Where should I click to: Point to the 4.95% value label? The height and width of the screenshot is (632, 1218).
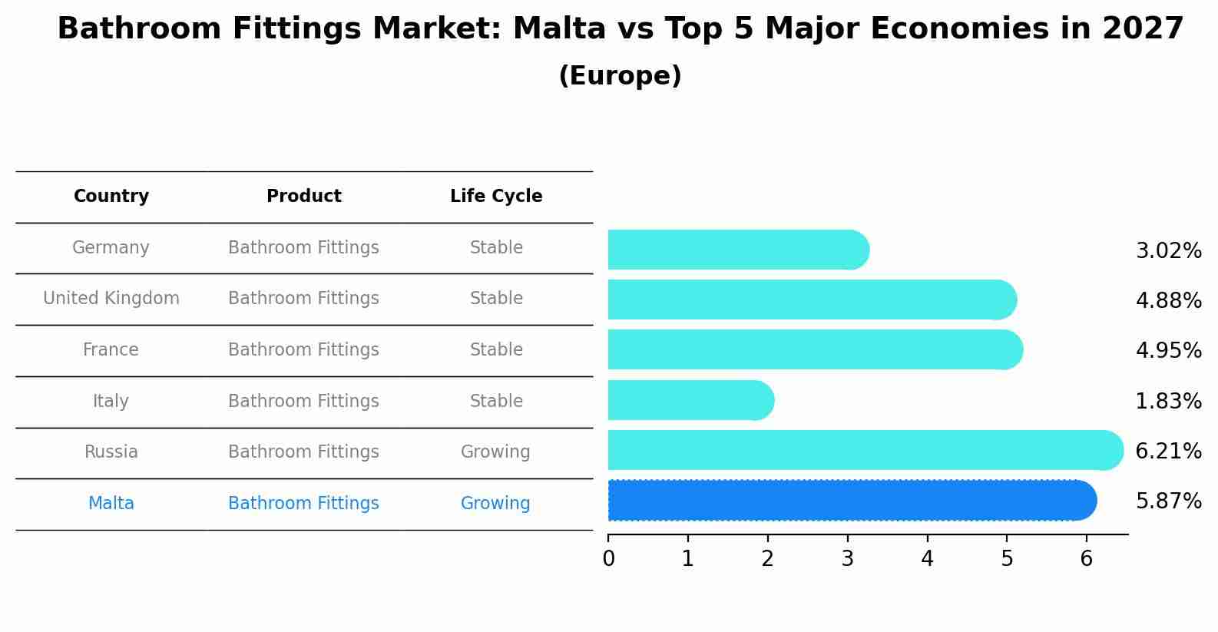pos(1168,351)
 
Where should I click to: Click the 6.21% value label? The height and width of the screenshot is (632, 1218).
pos(1168,452)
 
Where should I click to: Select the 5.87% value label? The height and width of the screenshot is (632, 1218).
pos(1168,501)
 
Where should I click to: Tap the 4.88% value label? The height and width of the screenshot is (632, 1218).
pos(1168,301)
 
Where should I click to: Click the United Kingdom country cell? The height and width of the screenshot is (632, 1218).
pos(111,299)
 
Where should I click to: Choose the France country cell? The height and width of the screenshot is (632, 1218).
pos(111,350)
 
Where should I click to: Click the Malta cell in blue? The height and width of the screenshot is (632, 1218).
pos(111,504)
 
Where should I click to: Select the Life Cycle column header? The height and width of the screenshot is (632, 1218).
pos(496,197)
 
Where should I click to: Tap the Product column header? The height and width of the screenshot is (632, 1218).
pos(303,197)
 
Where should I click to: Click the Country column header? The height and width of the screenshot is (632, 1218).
pos(111,197)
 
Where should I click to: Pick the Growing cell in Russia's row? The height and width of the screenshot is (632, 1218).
pos(495,452)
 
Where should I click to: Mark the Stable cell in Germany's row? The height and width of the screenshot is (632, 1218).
pos(496,248)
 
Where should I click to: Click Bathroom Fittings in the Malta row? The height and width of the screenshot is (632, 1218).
pos(303,504)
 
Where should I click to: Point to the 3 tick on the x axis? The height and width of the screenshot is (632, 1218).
pos(847,559)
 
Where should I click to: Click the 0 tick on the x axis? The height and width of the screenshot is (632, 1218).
pos(608,559)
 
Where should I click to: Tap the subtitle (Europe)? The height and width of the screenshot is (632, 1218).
pos(620,76)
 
